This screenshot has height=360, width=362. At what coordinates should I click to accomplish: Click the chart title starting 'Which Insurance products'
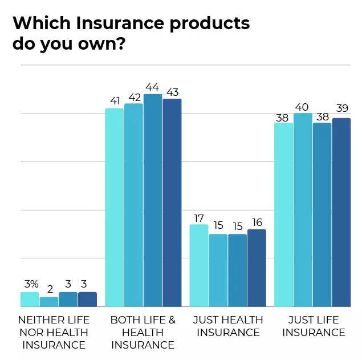(x=131, y=34)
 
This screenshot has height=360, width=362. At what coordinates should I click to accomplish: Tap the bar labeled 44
(x=153, y=200)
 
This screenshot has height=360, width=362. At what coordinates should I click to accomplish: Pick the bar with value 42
(x=133, y=205)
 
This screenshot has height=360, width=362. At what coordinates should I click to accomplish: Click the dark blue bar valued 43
(x=172, y=203)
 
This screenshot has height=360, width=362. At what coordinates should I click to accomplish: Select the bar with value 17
(x=199, y=265)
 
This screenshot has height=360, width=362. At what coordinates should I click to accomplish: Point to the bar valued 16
(x=257, y=268)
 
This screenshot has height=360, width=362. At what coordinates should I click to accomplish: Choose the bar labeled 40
(x=303, y=210)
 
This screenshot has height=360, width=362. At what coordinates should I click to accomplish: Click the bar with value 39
(x=341, y=212)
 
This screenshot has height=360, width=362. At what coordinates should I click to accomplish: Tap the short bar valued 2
(x=49, y=302)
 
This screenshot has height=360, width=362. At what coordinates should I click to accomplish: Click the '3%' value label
(x=30, y=284)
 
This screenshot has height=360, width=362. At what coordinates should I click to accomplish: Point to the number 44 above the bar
(x=153, y=86)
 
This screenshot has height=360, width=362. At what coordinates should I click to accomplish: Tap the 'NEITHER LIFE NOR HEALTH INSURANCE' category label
(x=54, y=332)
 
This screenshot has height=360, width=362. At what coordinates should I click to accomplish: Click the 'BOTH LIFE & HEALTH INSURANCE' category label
(x=143, y=332)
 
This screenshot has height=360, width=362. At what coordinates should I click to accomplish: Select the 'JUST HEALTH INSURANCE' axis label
(x=228, y=326)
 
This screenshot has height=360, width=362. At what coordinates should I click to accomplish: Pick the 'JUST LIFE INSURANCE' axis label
(x=313, y=326)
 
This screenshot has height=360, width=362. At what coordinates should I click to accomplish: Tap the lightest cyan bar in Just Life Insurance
(x=283, y=215)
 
